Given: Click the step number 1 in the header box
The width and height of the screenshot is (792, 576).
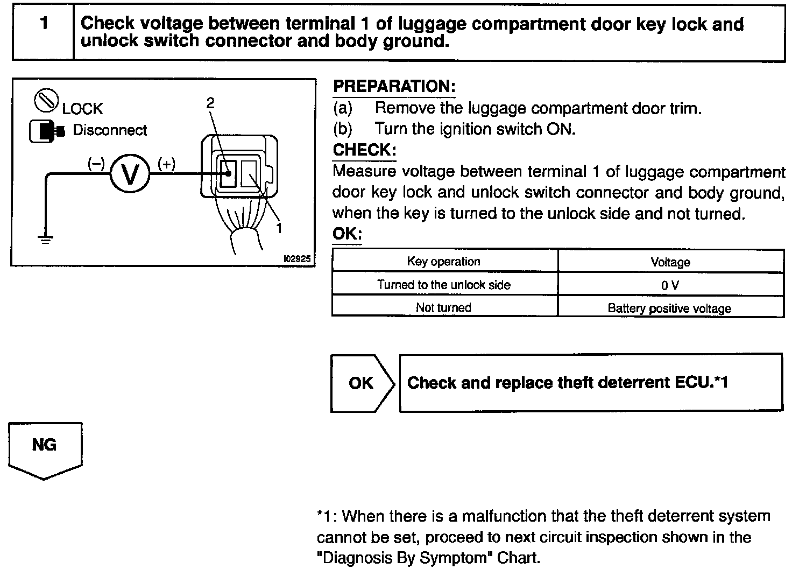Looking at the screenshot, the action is [x=44, y=24].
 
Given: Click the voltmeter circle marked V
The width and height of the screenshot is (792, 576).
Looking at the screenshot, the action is [x=129, y=174].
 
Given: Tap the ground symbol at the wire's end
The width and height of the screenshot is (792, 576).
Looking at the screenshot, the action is [x=45, y=240].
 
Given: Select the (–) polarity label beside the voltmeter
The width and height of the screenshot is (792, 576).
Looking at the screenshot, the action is [x=97, y=164].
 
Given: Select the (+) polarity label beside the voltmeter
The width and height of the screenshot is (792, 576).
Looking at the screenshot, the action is [x=166, y=164].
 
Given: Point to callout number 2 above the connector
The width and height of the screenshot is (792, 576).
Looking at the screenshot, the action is [x=210, y=103].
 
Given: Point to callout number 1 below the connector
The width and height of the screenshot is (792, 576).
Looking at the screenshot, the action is [x=279, y=228].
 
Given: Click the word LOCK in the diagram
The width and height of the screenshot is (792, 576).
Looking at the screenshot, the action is [x=82, y=109].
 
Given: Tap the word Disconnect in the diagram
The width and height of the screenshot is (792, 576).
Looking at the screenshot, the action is [x=110, y=130].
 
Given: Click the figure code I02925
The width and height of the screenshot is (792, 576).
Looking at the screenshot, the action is [x=297, y=258].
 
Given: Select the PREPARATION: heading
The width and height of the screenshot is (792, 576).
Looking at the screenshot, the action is [x=394, y=87].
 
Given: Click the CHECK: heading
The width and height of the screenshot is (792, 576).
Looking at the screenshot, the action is [x=364, y=150].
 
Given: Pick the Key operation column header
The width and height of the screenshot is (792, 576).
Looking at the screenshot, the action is [x=444, y=262].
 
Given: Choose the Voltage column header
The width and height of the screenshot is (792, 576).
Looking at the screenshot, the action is [x=670, y=262].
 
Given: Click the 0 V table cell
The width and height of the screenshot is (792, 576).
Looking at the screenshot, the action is [x=670, y=285].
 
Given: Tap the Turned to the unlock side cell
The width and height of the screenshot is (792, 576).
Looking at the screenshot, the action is [x=444, y=285].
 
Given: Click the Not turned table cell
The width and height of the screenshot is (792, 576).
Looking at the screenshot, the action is [x=444, y=307].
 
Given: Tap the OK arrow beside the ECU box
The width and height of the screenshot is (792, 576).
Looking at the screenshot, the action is [x=362, y=383].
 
